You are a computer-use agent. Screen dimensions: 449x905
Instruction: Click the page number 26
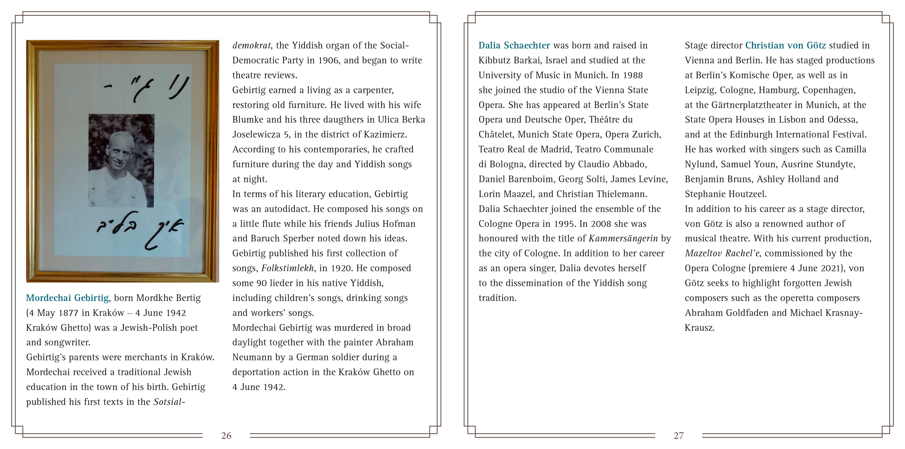(226, 436)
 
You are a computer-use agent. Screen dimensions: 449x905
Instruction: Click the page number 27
(678, 436)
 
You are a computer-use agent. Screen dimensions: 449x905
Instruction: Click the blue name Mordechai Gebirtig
(67, 298)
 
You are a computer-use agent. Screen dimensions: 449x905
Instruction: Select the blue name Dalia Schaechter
(514, 45)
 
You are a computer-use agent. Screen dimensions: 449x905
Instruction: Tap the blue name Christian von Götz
(785, 45)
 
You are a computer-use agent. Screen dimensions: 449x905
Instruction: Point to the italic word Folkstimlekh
(288, 268)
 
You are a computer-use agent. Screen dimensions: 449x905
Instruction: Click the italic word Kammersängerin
(623, 238)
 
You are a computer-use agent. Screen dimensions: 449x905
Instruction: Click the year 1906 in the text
(328, 60)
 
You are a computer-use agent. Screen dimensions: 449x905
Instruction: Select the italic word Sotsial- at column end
(169, 402)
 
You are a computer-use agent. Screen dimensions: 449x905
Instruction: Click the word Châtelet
(495, 134)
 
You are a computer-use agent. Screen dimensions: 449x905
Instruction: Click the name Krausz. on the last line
(699, 328)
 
